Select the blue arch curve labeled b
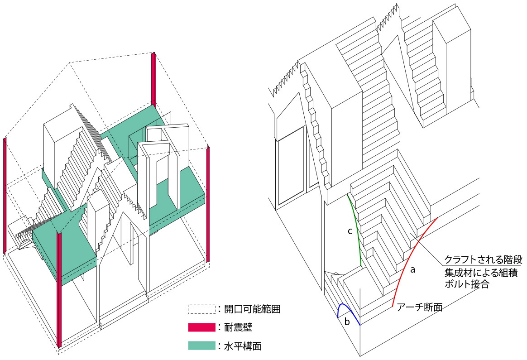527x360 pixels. (346, 307)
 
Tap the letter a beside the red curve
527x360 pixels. (412, 270)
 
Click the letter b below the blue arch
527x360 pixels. (347, 322)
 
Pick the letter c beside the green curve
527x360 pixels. (350, 231)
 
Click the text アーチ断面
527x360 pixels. (419, 308)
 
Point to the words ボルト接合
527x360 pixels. (467, 286)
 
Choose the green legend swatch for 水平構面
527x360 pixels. (201, 346)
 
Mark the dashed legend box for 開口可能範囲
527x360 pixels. (201, 309)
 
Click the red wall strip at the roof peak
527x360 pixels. (154, 79)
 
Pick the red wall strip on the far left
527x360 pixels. (5, 195)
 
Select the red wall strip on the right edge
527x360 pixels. (208, 204)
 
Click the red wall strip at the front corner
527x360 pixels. (59, 290)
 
